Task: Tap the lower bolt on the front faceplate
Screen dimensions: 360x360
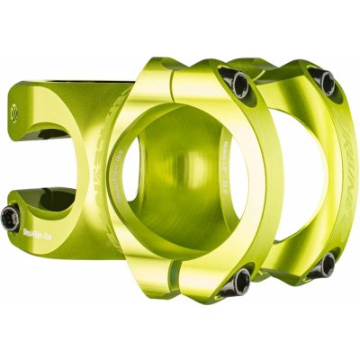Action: click(237, 281)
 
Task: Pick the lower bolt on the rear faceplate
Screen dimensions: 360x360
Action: click(326, 264)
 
